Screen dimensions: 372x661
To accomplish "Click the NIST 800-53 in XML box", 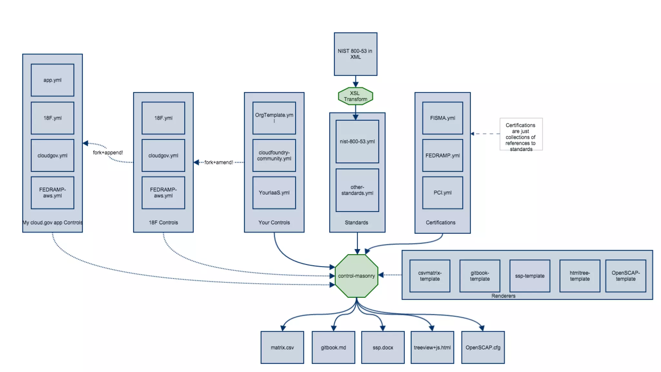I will pos(355,54).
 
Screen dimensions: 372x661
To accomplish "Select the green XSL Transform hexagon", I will pos(355,96).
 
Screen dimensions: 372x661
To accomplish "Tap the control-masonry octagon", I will pos(356,276).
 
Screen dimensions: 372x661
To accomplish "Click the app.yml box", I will pos(52,80).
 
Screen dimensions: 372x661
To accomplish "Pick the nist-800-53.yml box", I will pos(357,141).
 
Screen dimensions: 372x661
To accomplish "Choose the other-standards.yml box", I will pos(357,190).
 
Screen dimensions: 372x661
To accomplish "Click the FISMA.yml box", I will pos(442,118).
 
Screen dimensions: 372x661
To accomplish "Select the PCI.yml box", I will pos(442,192).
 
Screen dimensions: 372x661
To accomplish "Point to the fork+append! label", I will pos(108,152).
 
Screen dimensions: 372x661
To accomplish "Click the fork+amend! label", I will pos(219,162).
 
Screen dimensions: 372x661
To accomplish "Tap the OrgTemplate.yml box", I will pos(274,118).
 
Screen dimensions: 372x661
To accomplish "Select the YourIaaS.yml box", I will pos(274,192).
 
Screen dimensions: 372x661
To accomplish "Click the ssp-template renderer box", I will pos(529,276).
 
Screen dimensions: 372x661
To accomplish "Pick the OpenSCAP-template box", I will pos(625,276).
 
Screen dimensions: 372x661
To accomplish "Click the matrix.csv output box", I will pos(282,347).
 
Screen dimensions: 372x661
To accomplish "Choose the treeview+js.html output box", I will pos(432,347).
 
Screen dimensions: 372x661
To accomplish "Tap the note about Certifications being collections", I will pos(521,134).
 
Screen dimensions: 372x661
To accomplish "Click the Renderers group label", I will pos(503,296).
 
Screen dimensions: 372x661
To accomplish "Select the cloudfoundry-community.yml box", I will pos(274,155).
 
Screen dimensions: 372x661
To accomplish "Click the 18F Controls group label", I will pos(163,222).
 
